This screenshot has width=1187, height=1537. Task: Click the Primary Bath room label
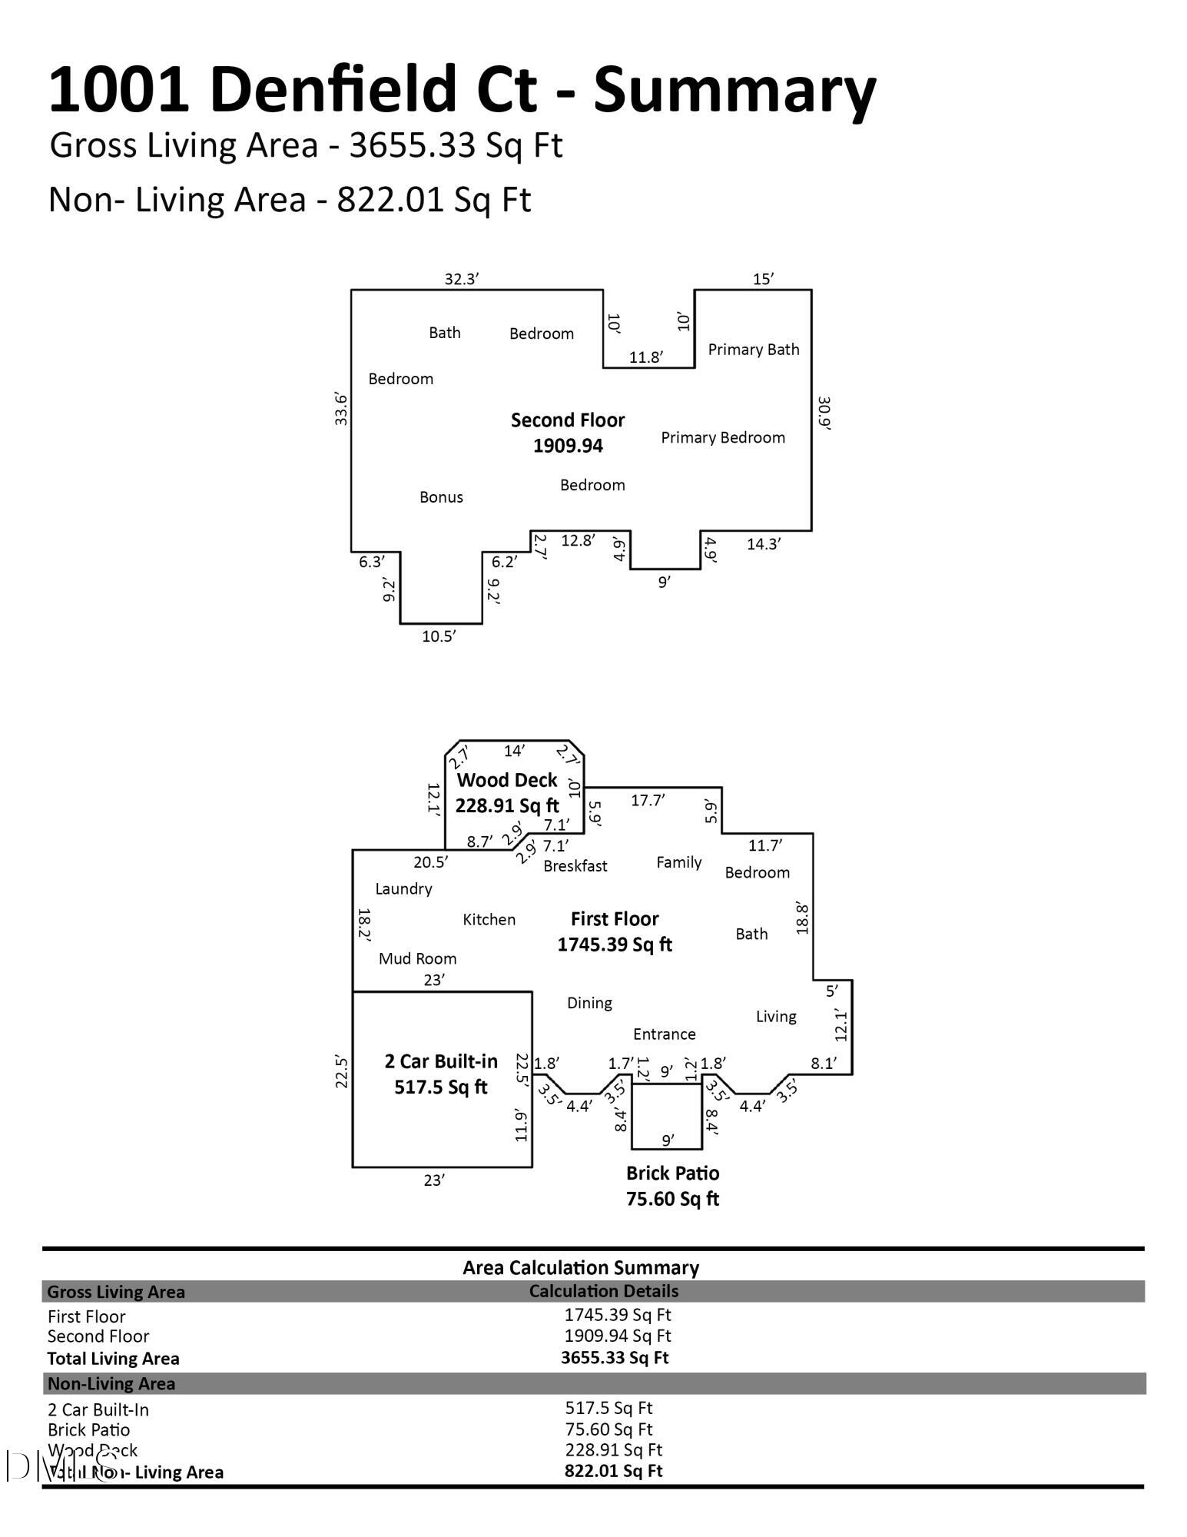(x=753, y=350)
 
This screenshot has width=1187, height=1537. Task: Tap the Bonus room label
(x=441, y=497)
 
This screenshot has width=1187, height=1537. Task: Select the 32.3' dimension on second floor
(x=462, y=279)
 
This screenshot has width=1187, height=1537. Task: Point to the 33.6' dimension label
(x=341, y=409)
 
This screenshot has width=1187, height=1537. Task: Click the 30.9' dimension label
(x=824, y=413)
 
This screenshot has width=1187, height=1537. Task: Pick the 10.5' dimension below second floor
(x=439, y=636)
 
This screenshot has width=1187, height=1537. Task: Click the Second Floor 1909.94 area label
(x=568, y=433)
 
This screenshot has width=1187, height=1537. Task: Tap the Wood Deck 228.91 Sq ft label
(x=507, y=792)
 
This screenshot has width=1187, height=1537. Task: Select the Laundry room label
(x=403, y=889)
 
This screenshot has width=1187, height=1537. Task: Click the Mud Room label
(x=417, y=958)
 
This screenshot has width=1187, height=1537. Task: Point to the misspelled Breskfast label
(x=575, y=866)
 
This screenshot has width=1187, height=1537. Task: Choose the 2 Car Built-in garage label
(x=441, y=1074)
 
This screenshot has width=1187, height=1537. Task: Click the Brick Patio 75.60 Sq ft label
(x=672, y=1186)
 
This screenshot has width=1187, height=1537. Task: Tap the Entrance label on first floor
(x=664, y=1034)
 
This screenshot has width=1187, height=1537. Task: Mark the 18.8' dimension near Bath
(x=803, y=918)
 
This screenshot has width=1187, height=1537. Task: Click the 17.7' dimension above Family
(x=648, y=800)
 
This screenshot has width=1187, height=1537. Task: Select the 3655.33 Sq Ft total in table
(x=615, y=1358)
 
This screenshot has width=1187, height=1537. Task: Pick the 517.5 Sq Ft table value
(x=608, y=1408)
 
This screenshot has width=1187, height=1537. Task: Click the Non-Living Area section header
(x=111, y=1384)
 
